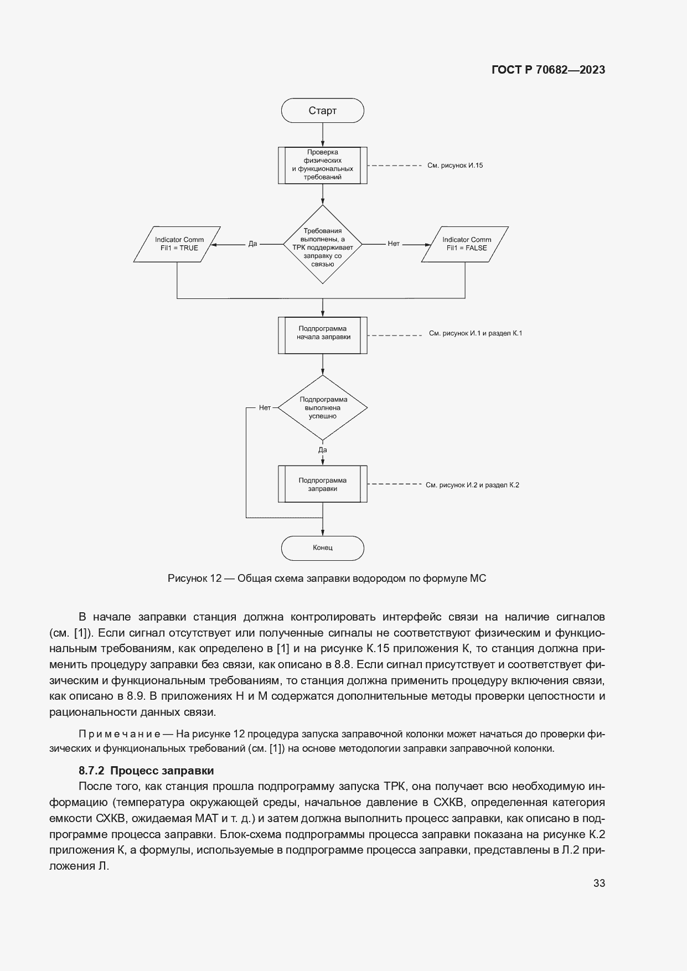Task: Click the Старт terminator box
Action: pyautogui.click(x=322, y=111)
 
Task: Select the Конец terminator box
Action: pyautogui.click(x=322, y=548)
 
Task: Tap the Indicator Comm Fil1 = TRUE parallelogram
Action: pyautogui.click(x=177, y=244)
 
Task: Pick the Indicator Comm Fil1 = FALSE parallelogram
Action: pyautogui.click(x=465, y=244)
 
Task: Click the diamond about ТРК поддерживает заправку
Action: pyautogui.click(x=323, y=244)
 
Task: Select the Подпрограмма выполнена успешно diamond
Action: pyautogui.click(x=323, y=408)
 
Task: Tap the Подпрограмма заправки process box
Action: pyautogui.click(x=323, y=484)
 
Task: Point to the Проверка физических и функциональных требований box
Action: pyautogui.click(x=323, y=165)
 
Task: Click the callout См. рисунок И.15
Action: pyautogui.click(x=455, y=165)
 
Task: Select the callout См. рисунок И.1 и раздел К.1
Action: pyautogui.click(x=475, y=333)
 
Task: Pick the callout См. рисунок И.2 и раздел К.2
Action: pyautogui.click(x=472, y=485)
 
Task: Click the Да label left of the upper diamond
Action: pyautogui.click(x=252, y=244)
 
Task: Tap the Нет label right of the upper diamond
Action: pyautogui.click(x=393, y=244)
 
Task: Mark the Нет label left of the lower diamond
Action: pyautogui.click(x=265, y=407)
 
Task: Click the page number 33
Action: pyautogui.click(x=599, y=883)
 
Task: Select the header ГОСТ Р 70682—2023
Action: pyautogui.click(x=548, y=70)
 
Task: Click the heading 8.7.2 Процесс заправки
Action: pyautogui.click(x=146, y=771)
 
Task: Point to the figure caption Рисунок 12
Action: pyautogui.click(x=327, y=579)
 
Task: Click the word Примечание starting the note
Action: pyautogui.click(x=120, y=734)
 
